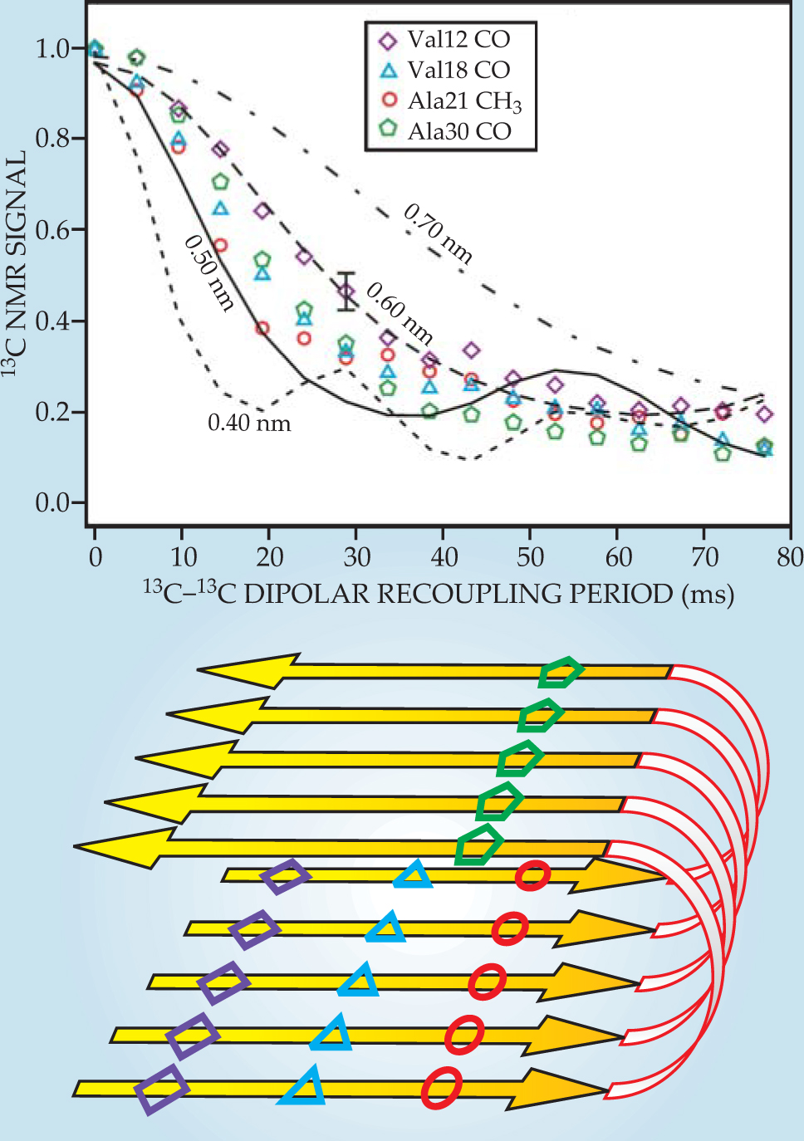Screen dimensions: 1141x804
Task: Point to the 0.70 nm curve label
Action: [x=439, y=234]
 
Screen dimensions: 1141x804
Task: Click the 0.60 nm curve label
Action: [x=400, y=313]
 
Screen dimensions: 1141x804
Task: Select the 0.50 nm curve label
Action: [x=209, y=272]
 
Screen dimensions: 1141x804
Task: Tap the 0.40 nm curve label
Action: [x=249, y=424]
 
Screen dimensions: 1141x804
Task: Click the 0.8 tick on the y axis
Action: [x=52, y=139]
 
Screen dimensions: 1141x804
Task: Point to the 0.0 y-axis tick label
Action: [x=52, y=502]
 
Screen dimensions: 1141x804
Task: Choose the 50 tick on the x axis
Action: [x=531, y=556]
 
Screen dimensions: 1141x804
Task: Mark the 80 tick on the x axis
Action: [x=790, y=556]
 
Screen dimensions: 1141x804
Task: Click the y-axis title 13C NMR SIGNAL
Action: [x=16, y=262]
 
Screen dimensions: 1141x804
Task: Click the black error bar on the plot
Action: [x=346, y=291]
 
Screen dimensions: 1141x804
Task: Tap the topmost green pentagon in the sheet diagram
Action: [x=560, y=673]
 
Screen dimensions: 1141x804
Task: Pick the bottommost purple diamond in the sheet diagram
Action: [x=162, y=1090]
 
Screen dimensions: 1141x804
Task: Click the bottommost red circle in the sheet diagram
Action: [x=441, y=1088]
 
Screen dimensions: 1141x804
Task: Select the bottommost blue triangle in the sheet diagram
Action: [x=303, y=1088]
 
